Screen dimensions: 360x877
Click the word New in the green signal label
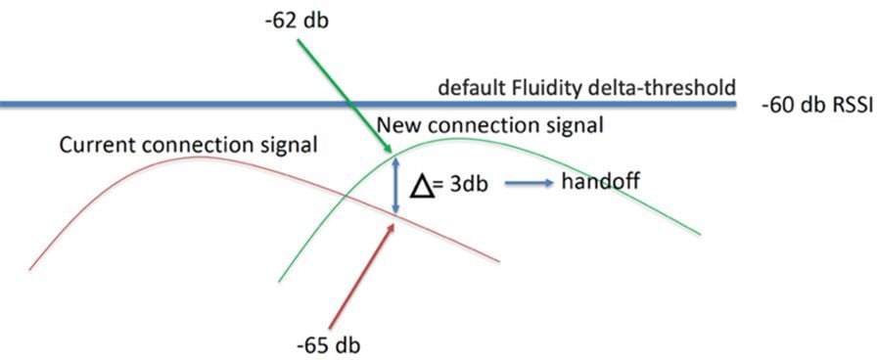397,125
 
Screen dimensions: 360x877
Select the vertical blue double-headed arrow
393,186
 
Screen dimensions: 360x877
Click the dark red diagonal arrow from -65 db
362,274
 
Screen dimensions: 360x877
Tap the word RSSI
851,103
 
